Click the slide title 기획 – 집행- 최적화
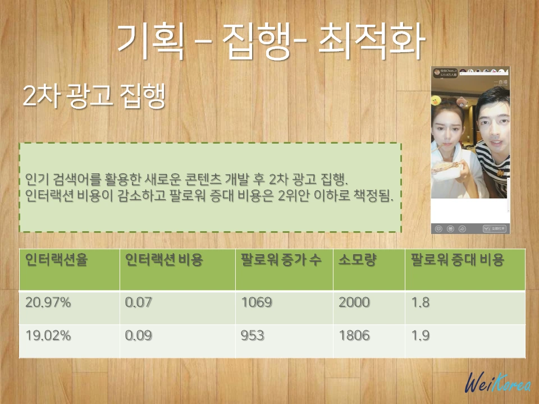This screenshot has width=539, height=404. pyautogui.click(x=269, y=43)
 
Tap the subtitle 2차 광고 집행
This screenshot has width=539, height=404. pyautogui.click(x=94, y=97)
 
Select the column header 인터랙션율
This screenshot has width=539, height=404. pyautogui.click(x=57, y=260)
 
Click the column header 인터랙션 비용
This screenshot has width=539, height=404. pyautogui.click(x=164, y=260)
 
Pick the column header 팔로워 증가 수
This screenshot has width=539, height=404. pyautogui.click(x=281, y=260)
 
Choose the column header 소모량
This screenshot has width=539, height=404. pyautogui.click(x=357, y=260)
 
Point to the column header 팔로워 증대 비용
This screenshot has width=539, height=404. pyautogui.click(x=457, y=260)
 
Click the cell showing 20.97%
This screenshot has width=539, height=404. pyautogui.click(x=48, y=302)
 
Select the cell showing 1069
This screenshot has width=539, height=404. pyautogui.click(x=257, y=302)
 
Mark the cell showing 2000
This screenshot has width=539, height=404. pyautogui.click(x=354, y=302)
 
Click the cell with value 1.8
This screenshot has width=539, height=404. pyautogui.click(x=421, y=302)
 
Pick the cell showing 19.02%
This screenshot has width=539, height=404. pyautogui.click(x=48, y=336)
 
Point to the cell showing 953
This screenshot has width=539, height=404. pyautogui.click(x=253, y=336)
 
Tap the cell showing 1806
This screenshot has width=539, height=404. pyautogui.click(x=354, y=336)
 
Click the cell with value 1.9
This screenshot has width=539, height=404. pyautogui.click(x=421, y=336)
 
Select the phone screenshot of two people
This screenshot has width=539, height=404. pyautogui.click(x=471, y=150)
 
